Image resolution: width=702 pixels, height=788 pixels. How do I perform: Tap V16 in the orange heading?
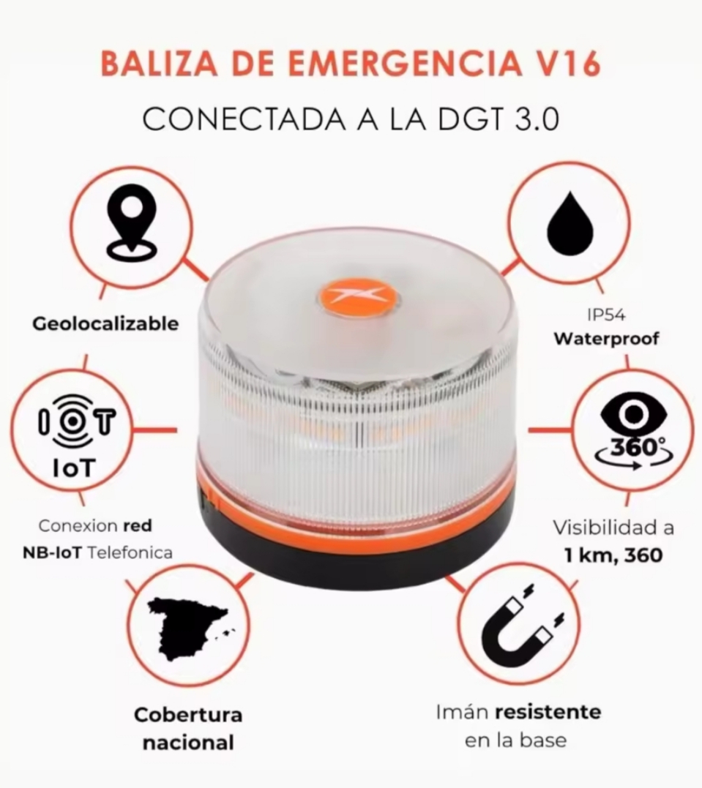pos(563,64)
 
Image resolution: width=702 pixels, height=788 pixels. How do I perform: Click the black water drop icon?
pos(569,222)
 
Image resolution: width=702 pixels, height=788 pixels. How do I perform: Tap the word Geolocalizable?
pos(105,323)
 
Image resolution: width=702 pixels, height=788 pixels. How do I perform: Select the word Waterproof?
pos(606,339)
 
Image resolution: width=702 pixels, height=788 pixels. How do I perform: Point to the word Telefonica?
pos(130,552)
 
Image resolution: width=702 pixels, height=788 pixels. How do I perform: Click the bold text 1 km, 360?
pos(613,555)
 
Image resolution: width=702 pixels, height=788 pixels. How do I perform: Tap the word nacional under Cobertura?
pos(188,743)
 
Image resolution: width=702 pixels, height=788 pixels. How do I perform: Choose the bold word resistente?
pos(548,712)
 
